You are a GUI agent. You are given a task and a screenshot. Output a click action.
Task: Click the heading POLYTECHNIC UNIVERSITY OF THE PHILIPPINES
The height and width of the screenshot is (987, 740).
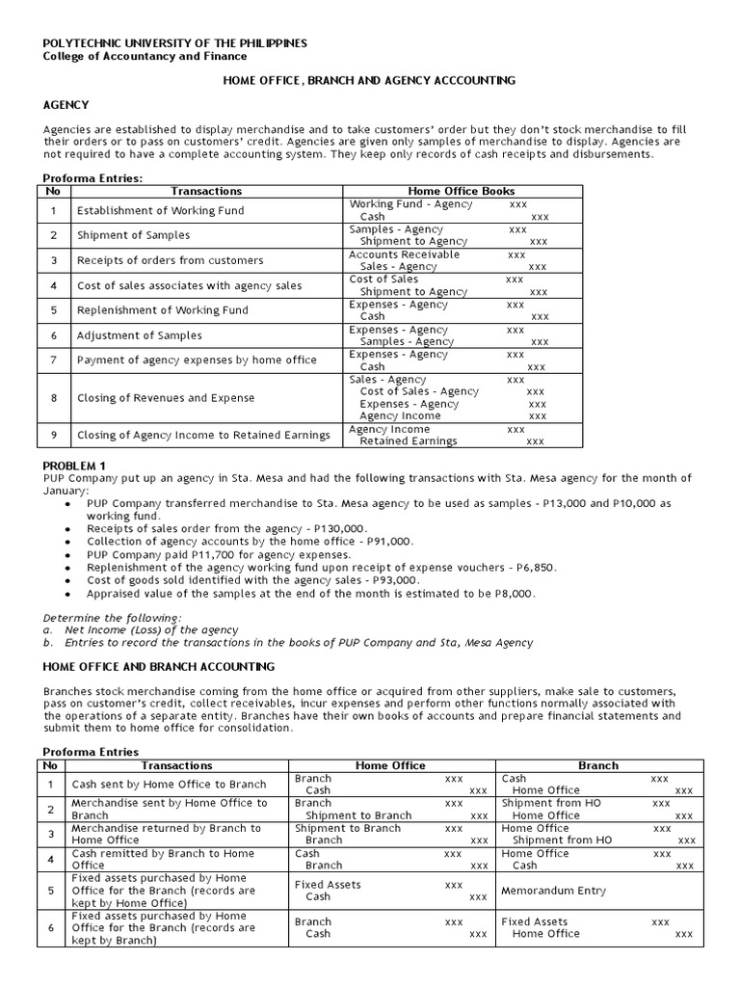point(175,43)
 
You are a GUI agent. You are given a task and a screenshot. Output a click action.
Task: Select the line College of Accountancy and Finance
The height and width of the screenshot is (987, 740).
point(145,57)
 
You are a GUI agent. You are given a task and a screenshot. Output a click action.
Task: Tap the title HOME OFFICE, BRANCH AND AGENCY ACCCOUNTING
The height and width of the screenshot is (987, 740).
point(369,81)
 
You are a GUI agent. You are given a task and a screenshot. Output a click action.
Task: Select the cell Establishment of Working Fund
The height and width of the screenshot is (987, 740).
point(160,210)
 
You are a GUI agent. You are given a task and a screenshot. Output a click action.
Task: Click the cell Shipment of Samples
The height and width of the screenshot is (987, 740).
point(133,235)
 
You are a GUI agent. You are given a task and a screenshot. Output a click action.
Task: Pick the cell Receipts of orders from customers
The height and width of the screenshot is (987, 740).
point(170,260)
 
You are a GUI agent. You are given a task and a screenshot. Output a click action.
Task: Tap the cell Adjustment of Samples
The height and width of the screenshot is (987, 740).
point(140,335)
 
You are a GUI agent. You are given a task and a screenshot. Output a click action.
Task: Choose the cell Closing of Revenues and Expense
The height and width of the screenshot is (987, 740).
point(166,398)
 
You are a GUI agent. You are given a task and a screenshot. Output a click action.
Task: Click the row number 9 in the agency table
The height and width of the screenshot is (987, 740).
point(54,435)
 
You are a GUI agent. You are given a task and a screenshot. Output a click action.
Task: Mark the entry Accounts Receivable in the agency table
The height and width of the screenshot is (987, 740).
point(405,254)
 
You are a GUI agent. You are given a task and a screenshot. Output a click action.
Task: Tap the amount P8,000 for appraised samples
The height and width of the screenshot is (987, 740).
point(509,594)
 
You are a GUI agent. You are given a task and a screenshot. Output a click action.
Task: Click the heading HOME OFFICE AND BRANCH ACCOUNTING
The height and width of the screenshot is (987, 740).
point(159,666)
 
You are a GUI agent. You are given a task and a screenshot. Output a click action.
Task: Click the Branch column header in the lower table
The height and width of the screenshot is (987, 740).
point(597,765)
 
